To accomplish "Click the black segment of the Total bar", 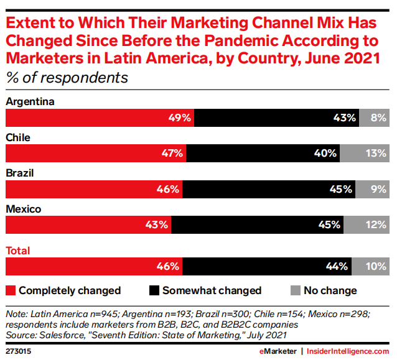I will pyautogui.click(x=267, y=267).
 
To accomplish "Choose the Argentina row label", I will pyautogui.click(x=30, y=101).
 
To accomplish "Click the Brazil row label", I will pyautogui.click(x=20, y=173).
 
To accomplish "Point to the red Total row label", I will pyautogui.click(x=18, y=251).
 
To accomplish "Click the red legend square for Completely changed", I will pyautogui.click(x=10, y=290).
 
